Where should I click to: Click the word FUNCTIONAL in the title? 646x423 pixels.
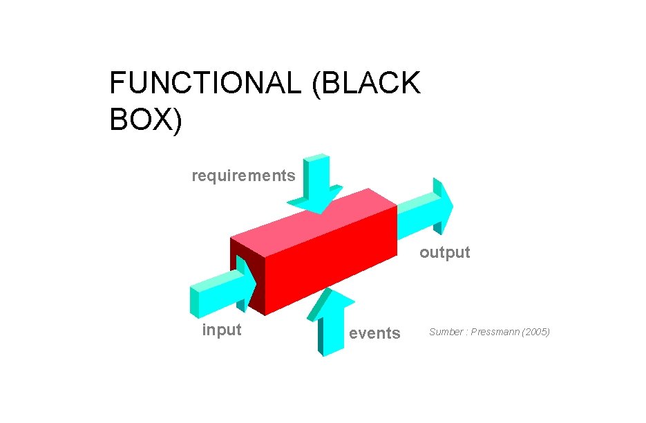point(205,84)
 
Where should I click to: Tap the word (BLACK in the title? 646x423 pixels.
point(365,84)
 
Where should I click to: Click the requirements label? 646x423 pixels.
point(243,176)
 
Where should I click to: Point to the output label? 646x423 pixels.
point(444,252)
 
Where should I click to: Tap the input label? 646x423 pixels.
point(221,330)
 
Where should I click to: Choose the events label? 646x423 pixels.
point(374,333)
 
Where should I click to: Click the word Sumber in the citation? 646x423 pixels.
point(445,332)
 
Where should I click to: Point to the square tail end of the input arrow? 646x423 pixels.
point(195,301)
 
